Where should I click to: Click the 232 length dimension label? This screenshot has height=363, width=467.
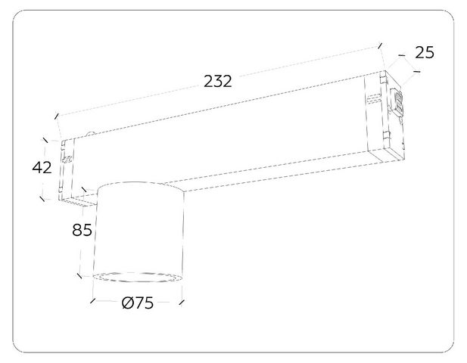(x=217, y=81)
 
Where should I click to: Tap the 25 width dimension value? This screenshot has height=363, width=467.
(x=425, y=53)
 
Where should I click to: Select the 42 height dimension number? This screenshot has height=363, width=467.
(x=42, y=167)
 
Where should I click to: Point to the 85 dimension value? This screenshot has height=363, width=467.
(x=82, y=230)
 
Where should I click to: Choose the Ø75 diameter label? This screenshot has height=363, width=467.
(x=138, y=303)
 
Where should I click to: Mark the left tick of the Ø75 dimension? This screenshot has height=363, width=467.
(x=92, y=301)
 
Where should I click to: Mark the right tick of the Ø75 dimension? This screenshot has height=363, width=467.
(x=182, y=302)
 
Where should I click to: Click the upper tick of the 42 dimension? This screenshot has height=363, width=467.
(x=45, y=140)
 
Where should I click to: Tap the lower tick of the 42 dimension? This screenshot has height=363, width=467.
(x=42, y=198)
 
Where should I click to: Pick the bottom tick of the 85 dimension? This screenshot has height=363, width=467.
(x=79, y=276)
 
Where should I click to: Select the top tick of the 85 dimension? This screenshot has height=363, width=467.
(x=84, y=190)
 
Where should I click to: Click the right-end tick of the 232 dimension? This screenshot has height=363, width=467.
(x=380, y=45)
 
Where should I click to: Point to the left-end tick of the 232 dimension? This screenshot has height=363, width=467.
(x=57, y=116)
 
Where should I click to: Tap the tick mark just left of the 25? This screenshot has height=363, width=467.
(x=402, y=55)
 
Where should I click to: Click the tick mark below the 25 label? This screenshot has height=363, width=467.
(x=417, y=71)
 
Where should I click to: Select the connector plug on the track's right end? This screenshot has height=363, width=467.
(x=398, y=103)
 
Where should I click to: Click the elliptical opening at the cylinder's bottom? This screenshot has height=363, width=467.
(x=137, y=277)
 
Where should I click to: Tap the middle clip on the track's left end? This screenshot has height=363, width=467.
(x=67, y=159)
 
